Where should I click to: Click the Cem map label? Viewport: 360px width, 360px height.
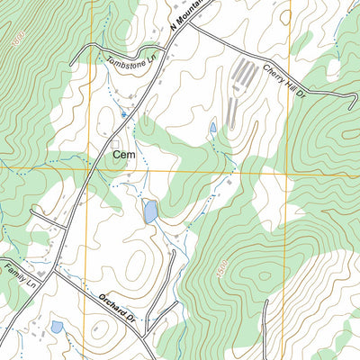click(124, 155)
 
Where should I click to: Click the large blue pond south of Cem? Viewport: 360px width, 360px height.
click(150, 211)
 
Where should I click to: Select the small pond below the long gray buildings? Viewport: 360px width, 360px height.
click(212, 128)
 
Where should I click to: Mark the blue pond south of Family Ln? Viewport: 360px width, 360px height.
click(57, 327)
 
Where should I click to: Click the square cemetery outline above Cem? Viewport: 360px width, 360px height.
click(116, 142)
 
